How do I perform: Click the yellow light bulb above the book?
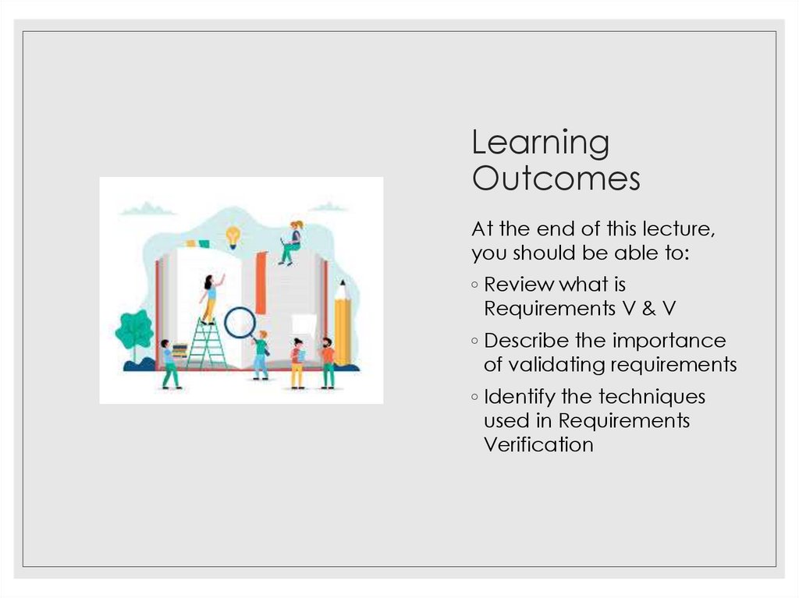[233, 235]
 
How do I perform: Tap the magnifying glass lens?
[240, 322]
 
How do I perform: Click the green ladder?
[207, 344]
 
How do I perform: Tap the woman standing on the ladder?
[209, 297]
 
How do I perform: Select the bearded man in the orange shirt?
[328, 363]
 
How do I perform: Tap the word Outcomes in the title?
[556, 179]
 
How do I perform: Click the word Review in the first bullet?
[518, 285]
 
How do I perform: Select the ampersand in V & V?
[649, 310]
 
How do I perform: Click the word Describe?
[527, 341]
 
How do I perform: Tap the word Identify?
[520, 397]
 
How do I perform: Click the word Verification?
[538, 445]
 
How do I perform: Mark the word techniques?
[652, 397]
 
